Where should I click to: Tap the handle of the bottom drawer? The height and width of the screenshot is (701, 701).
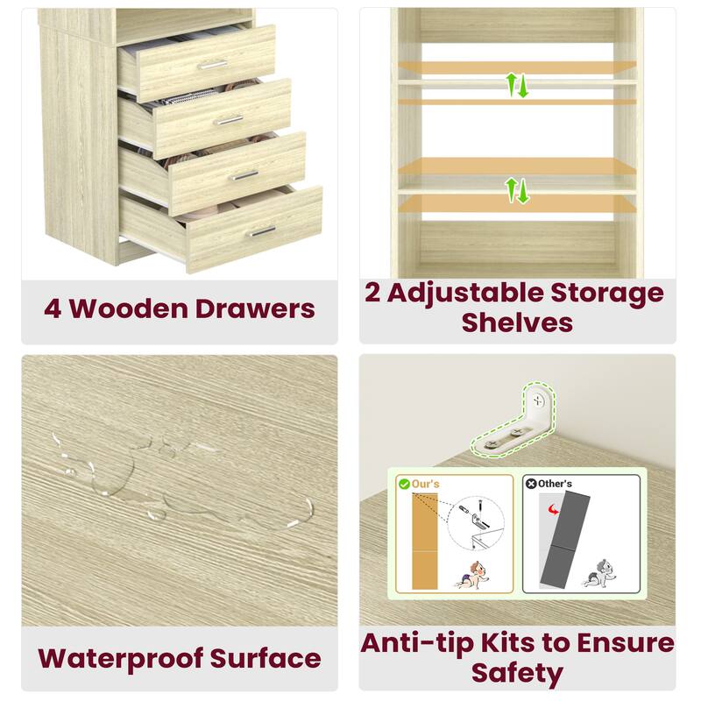click(x=261, y=231)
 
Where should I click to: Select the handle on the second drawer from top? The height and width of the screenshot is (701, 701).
click(x=230, y=119)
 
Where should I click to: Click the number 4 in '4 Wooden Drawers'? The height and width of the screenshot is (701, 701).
click(x=53, y=308)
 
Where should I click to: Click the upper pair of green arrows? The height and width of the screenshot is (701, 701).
click(x=517, y=85)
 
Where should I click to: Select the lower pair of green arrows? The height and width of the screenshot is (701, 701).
click(x=517, y=189)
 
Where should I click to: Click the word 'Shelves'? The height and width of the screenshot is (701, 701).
click(x=517, y=322)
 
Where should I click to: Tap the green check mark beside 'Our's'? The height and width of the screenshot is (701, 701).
click(x=404, y=483)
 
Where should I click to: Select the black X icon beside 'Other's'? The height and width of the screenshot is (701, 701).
click(x=531, y=483)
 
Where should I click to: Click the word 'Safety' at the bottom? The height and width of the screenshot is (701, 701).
click(x=517, y=673)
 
